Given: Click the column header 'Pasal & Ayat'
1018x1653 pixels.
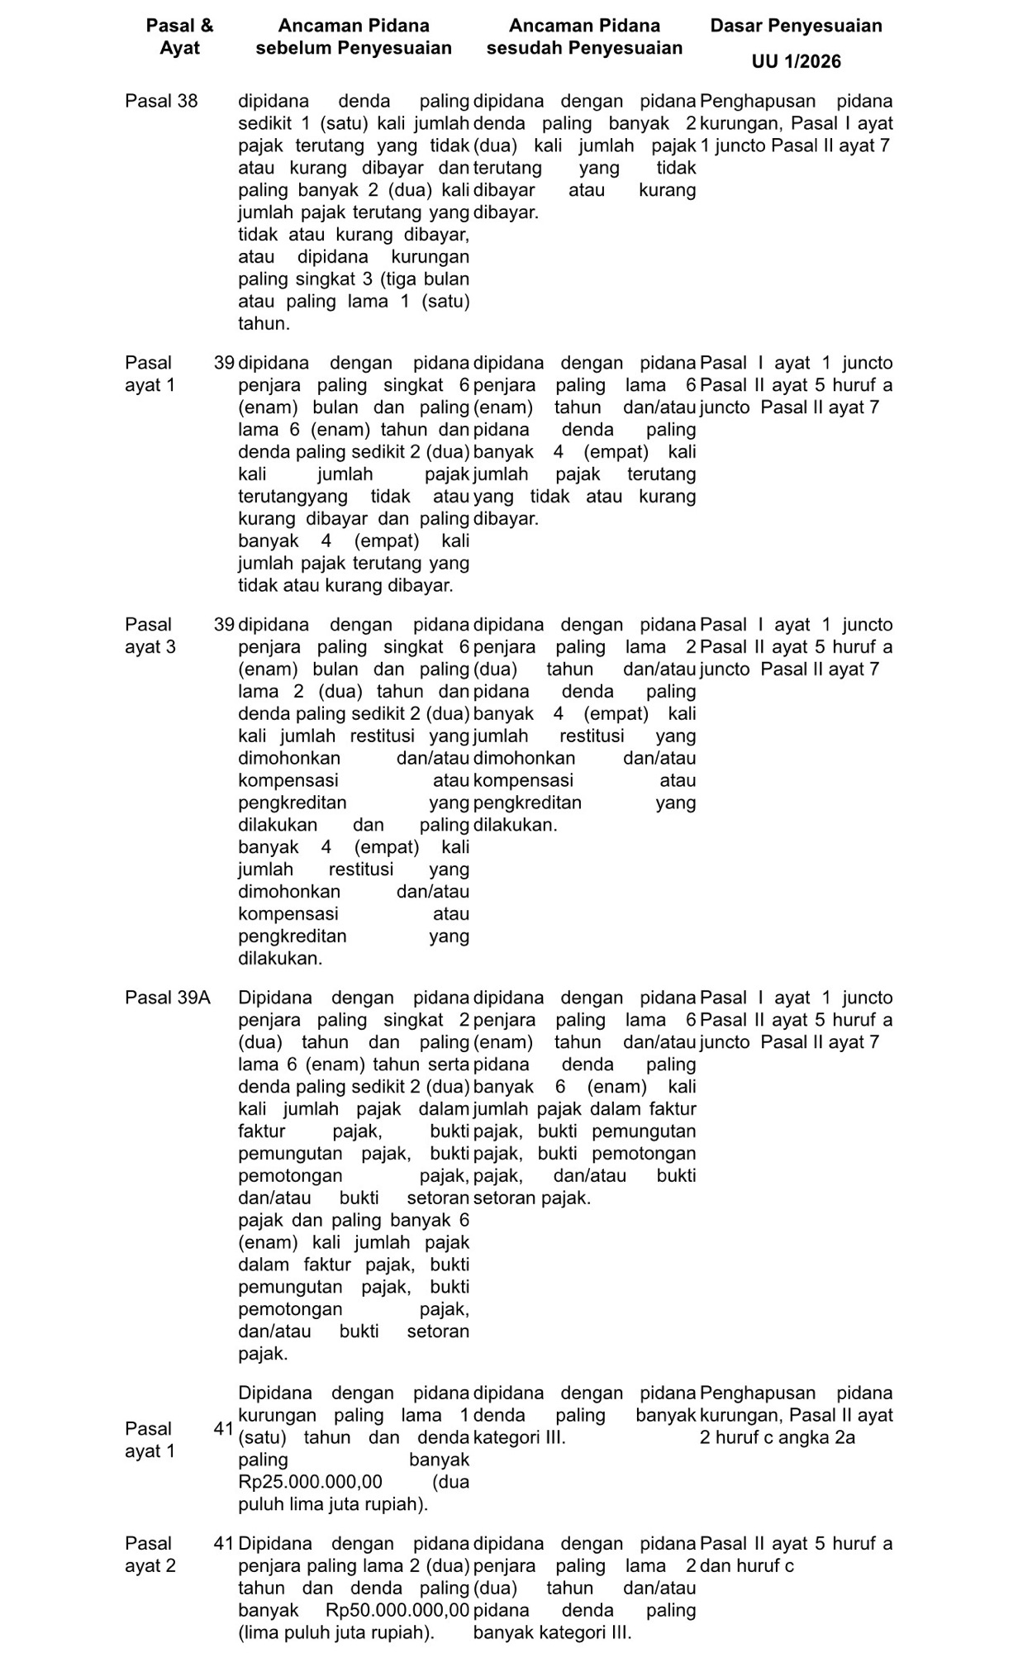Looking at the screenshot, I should pos(179,37).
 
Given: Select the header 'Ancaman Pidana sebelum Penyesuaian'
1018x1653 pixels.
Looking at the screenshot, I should pos(354,37).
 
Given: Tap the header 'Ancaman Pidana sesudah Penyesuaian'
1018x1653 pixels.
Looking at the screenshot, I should pos(584,37).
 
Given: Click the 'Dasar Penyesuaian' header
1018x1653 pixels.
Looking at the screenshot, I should pos(796,26).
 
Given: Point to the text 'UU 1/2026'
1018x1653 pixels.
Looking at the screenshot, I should pos(796,62).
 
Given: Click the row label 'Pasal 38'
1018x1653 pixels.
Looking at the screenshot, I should pos(161,102).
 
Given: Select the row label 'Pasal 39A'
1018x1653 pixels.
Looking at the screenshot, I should pos(168,998).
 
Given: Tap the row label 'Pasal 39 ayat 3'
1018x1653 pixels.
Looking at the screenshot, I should pos(150,636).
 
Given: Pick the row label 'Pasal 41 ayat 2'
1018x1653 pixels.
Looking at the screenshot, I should pos(150,1555).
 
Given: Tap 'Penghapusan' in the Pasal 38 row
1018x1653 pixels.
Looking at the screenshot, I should pos(758,102).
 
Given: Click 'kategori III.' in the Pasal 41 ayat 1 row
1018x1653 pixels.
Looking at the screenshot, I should pos(520,1437).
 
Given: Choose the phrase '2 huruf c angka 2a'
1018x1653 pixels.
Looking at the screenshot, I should pos(777,1437).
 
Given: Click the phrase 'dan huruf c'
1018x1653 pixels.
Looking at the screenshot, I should pos(746,1565).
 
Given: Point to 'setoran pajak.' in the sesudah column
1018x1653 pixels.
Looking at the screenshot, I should pos(532,1198).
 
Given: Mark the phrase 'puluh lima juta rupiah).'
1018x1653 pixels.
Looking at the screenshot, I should pos(333,1504).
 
